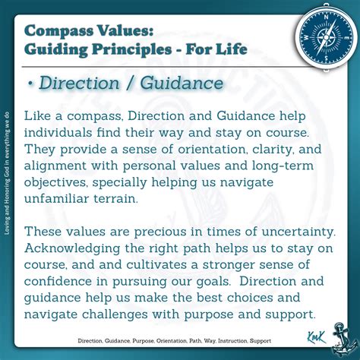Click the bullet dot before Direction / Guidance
30,84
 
